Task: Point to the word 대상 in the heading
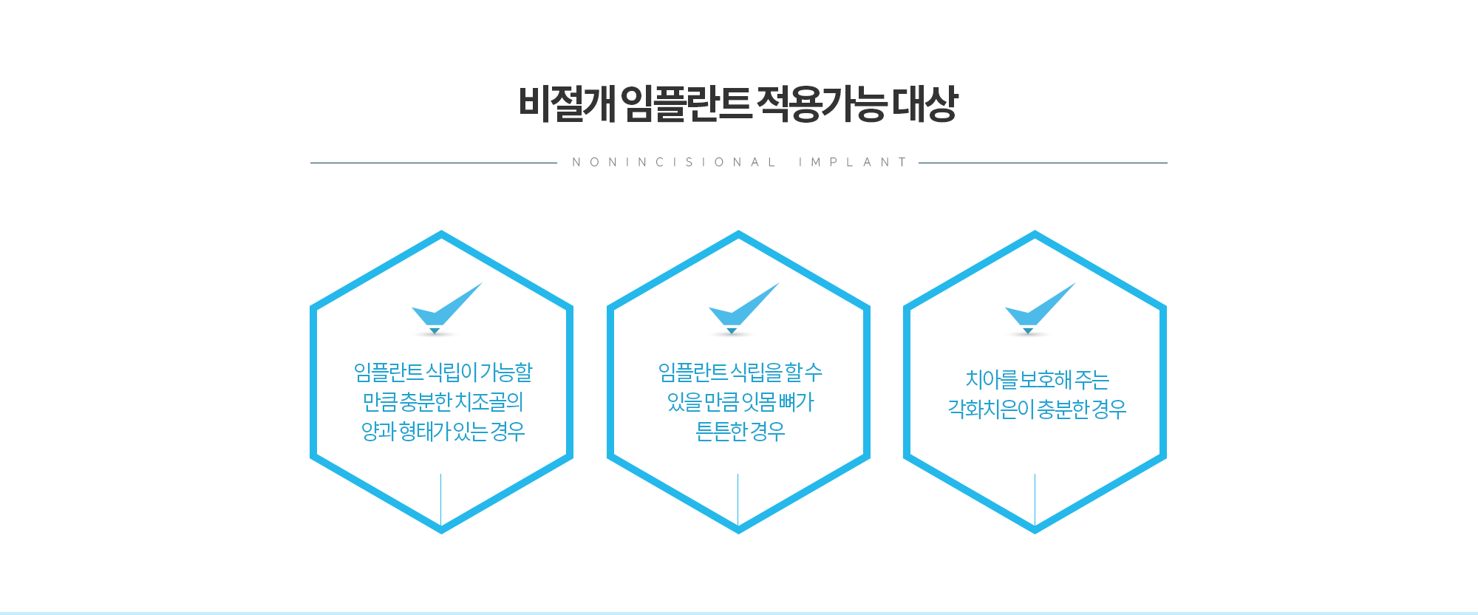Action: click(924, 103)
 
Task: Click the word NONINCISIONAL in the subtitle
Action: click(673, 163)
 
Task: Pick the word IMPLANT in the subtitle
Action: click(852, 163)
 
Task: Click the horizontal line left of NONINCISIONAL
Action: click(433, 163)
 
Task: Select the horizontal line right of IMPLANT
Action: click(1043, 163)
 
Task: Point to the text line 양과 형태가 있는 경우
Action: click(443, 432)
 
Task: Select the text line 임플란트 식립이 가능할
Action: click(443, 373)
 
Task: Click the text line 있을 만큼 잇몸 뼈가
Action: click(740, 402)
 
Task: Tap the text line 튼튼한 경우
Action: click(740, 432)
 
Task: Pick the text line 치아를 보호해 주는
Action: click(1037, 380)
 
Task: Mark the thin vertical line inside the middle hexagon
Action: click(738, 499)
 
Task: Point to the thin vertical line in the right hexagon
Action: click(1035, 499)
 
